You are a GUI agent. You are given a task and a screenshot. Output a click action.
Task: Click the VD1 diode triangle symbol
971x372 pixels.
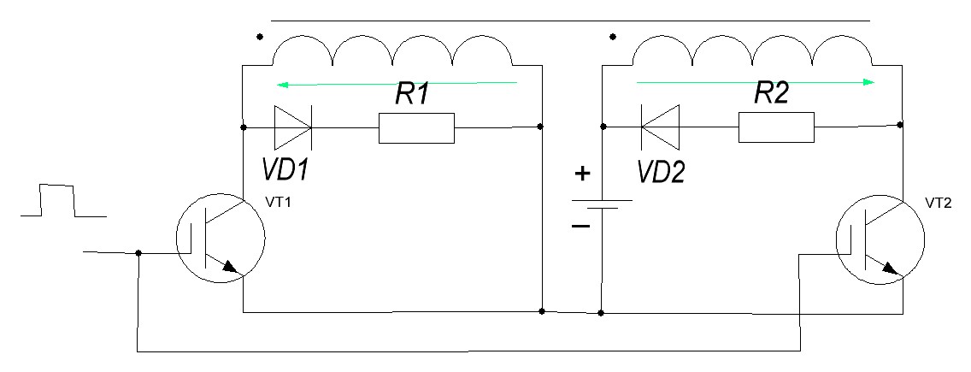[x=292, y=127]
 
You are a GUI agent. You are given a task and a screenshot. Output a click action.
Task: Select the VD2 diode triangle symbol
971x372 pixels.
[x=660, y=127]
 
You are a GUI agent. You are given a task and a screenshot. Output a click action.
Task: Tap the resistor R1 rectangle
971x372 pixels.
[x=417, y=127]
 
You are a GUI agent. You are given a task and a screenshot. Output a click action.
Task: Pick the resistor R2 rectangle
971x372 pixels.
[x=777, y=127]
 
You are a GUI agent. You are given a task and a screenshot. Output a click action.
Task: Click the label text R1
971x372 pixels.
[x=414, y=95]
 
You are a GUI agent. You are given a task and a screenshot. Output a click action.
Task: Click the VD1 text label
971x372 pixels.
[x=285, y=170]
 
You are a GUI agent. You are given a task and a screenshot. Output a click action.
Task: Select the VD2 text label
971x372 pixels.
[x=662, y=171]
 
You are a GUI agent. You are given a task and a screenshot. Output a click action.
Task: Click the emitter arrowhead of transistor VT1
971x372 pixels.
[x=230, y=267]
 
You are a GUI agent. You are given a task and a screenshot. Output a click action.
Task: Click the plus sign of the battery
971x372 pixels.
[x=581, y=173]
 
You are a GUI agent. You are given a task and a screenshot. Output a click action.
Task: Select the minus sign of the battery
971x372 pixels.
[x=580, y=227]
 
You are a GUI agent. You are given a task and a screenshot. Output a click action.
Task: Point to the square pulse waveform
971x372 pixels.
[x=63, y=200]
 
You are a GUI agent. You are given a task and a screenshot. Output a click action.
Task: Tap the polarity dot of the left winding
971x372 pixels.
[x=259, y=38]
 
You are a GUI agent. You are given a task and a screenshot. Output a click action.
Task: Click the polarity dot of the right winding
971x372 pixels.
[x=613, y=37]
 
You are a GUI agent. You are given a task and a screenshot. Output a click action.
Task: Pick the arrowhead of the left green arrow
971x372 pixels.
[x=281, y=84]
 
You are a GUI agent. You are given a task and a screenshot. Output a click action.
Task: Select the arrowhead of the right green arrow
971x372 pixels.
[x=869, y=82]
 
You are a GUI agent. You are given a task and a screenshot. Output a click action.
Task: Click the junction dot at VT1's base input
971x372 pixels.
[x=138, y=253]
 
